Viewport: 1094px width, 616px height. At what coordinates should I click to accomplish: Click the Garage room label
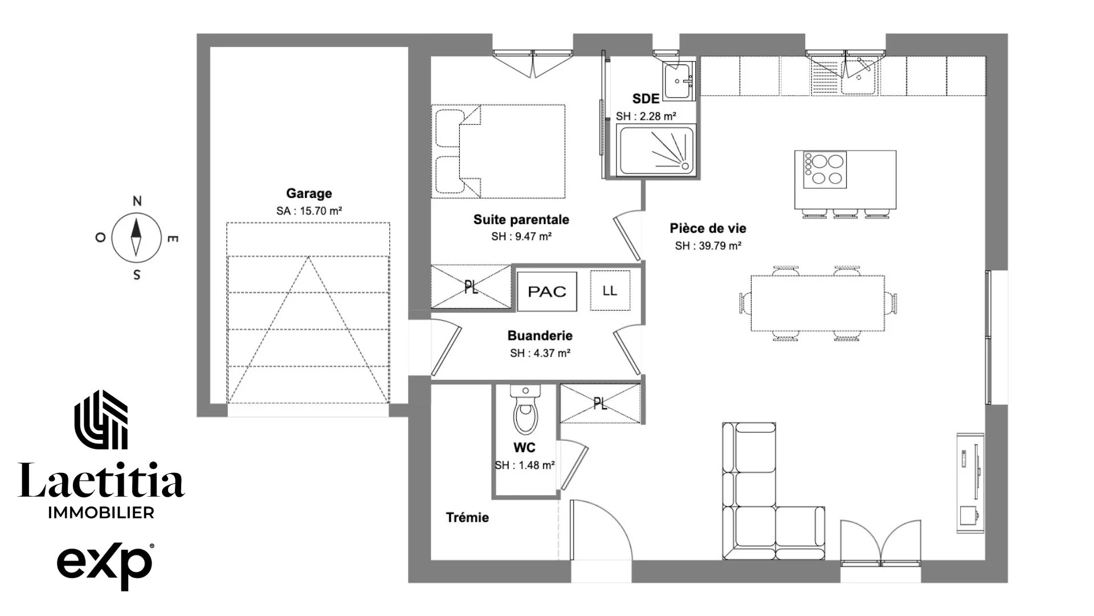click(309, 193)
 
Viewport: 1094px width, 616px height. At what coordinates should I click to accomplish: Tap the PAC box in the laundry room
click(547, 291)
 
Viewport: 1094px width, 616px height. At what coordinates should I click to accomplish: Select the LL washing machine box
click(610, 290)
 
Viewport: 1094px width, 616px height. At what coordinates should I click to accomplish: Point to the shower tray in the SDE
click(656, 150)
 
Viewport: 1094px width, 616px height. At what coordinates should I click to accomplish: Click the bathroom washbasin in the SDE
click(678, 82)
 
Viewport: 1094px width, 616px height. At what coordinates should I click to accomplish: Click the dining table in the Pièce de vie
click(818, 303)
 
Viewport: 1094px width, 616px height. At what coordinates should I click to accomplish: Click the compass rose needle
click(136, 236)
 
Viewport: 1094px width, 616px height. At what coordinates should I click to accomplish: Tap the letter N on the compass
click(137, 201)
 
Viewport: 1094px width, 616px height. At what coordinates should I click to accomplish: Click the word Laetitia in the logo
click(101, 480)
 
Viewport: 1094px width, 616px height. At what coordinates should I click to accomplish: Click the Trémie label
click(467, 517)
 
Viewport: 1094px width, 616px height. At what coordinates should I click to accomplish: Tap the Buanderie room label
click(540, 336)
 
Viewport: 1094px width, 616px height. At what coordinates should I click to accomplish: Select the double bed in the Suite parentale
click(499, 151)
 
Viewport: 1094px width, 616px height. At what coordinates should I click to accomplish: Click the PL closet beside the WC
click(600, 404)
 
